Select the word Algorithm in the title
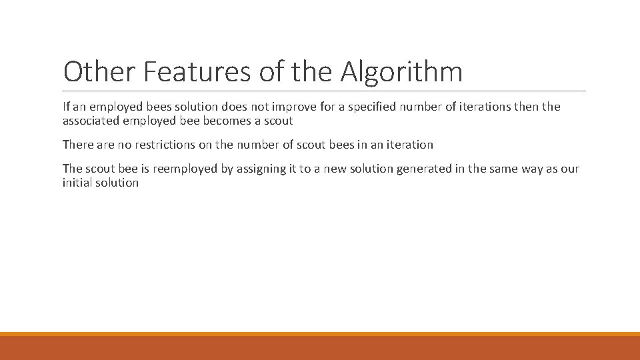point(401,72)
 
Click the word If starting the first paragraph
point(66,107)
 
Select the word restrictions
point(155,145)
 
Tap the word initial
point(76,183)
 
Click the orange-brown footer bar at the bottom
point(320,347)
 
